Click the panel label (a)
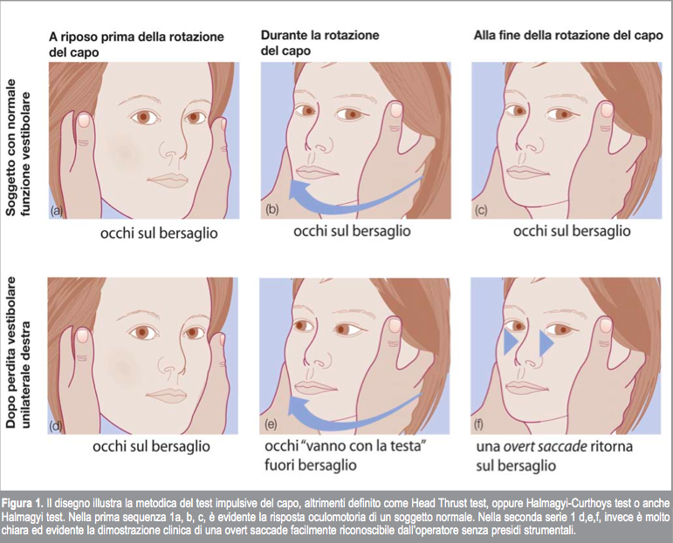[56, 210]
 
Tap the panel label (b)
[271, 209]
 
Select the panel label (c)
[482, 210]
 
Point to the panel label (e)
[271, 424]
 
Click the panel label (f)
[478, 424]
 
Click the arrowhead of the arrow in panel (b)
[300, 190]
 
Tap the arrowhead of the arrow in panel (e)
[299, 406]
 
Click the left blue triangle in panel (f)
[510, 343]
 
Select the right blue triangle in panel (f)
[546, 343]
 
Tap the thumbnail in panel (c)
[607, 109]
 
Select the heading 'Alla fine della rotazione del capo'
[568, 35]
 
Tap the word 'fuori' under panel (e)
[280, 465]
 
